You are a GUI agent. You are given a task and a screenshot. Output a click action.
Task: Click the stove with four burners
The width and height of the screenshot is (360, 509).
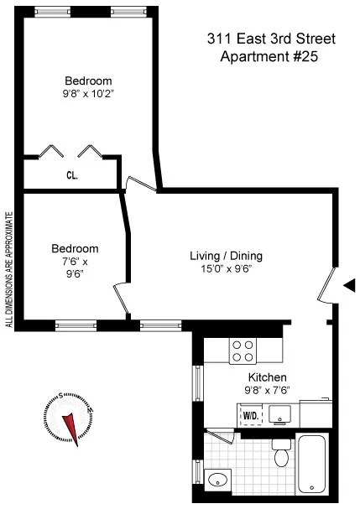(x=243, y=349)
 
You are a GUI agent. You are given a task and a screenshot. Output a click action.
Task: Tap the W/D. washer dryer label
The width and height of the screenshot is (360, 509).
(x=250, y=415)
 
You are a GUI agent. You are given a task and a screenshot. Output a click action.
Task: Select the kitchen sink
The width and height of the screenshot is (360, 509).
(x=281, y=413)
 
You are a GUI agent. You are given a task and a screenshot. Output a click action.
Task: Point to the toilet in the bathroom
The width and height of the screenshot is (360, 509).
(x=282, y=454)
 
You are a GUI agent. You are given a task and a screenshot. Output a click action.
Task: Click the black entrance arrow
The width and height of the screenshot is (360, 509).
(x=350, y=285)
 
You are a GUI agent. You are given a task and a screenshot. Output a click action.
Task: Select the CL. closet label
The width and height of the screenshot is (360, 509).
(x=72, y=176)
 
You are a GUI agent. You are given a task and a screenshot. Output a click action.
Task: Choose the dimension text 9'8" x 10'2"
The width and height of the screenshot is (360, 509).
(x=88, y=94)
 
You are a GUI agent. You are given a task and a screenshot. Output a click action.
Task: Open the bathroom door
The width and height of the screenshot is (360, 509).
(x=222, y=436)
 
